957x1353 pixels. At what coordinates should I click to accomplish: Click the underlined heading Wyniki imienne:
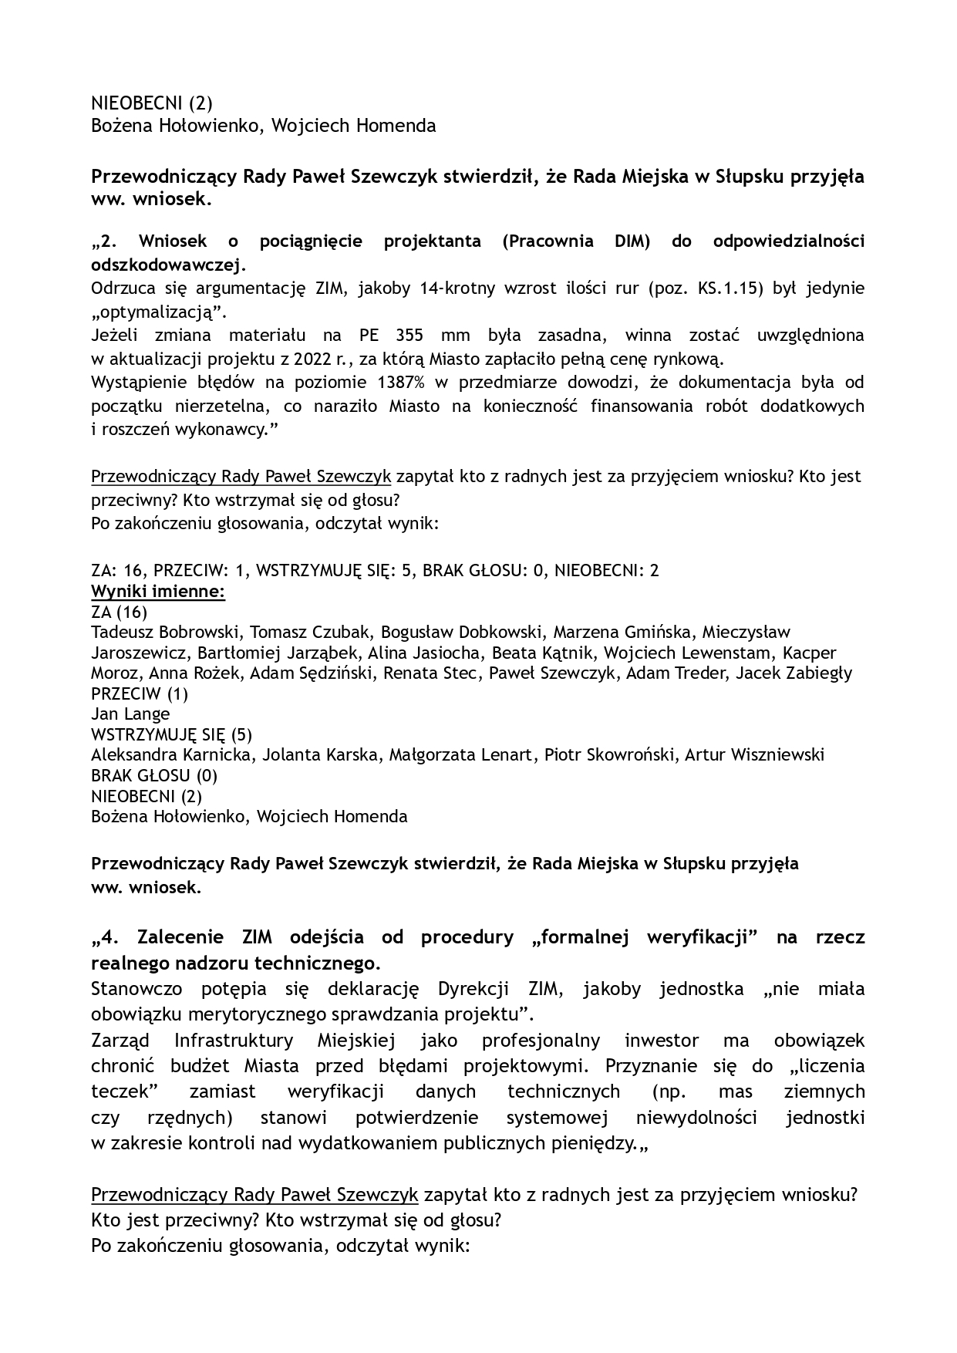(x=158, y=592)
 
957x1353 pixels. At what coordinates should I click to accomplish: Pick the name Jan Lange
(x=130, y=714)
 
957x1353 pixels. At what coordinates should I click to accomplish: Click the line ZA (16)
(x=119, y=612)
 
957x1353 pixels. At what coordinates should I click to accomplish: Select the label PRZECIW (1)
(x=140, y=693)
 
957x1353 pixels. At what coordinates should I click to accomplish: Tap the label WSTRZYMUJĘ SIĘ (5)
(x=171, y=734)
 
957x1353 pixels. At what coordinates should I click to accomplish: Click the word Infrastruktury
(x=234, y=1041)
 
